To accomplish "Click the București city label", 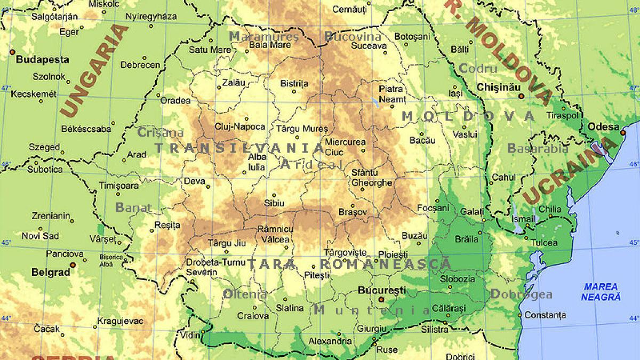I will tap(381, 291).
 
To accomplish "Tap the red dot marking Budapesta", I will tap(12, 52).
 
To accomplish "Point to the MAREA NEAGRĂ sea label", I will tap(601, 292).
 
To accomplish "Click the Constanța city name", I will tap(545, 315).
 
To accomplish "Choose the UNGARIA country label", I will tap(94, 70).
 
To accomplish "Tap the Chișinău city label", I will tap(498, 86).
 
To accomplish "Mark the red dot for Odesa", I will tap(622, 131).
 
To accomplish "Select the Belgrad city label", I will tap(51, 272).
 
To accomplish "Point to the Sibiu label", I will tap(275, 203).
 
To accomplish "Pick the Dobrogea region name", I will tap(521, 294).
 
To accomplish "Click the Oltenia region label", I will tap(245, 294).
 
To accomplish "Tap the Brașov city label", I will tap(353, 212).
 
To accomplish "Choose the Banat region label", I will tap(133, 207).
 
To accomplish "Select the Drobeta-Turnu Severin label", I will tap(211, 267).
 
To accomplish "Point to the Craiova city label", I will tap(253, 316).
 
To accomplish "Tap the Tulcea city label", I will tap(544, 243).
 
